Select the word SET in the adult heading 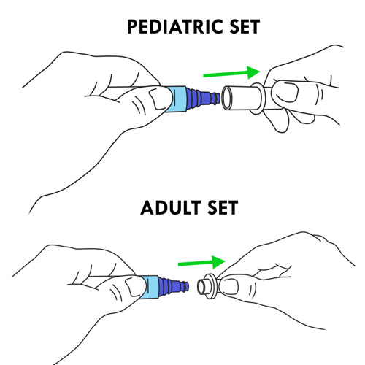223,207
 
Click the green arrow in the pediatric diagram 231,72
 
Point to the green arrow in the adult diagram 201,262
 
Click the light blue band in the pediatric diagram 177,99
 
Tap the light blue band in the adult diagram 150,287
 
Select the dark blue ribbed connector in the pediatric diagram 202,99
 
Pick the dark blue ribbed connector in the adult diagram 173,287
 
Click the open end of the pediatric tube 227,98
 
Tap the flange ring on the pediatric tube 256,99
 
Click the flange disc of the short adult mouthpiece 211,286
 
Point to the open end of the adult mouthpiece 201,287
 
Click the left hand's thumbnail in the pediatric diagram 159,99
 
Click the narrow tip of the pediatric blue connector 218,98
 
